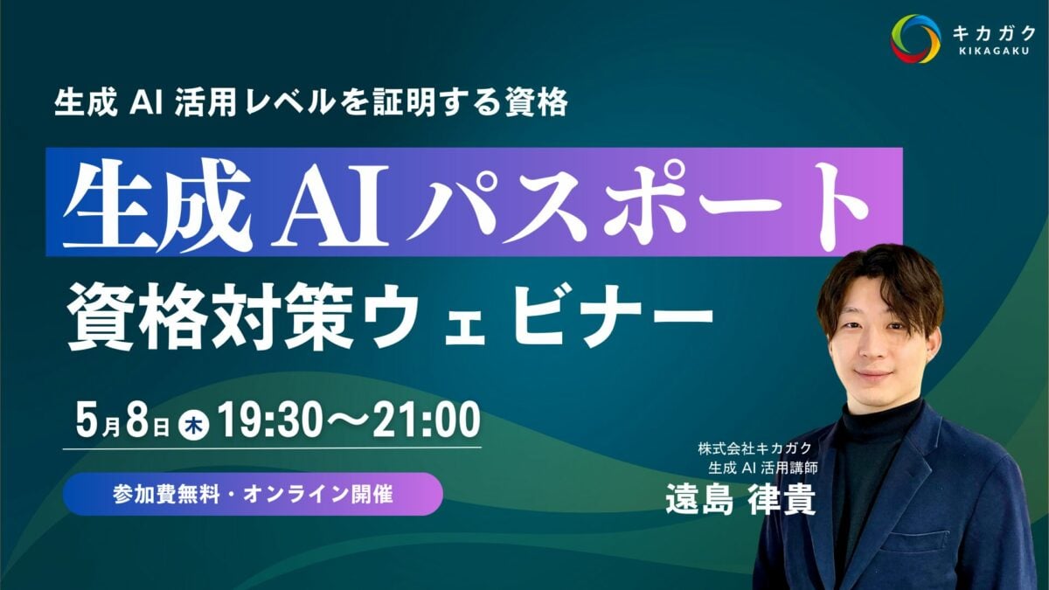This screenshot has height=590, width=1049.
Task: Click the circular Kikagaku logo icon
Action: click(915, 38)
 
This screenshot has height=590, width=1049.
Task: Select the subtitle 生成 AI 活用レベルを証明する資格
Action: click(311, 102)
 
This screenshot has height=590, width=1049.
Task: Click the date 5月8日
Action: click(122, 421)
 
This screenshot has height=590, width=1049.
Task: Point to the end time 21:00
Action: click(427, 421)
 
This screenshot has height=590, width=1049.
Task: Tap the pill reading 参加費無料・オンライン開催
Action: click(253, 494)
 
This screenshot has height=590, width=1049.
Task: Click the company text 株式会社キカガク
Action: click(754, 448)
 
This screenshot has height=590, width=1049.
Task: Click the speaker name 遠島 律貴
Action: click(740, 500)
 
